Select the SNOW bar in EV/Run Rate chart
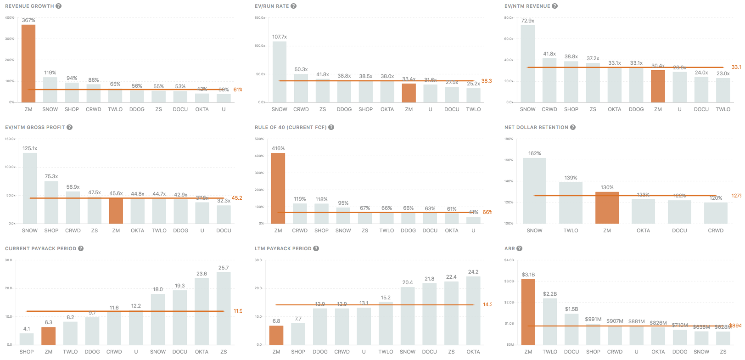pos(280,72)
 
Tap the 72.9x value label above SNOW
pos(527,21)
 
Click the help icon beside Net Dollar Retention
pos(573,127)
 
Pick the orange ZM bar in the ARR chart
pos(528,312)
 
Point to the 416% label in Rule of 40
pos(278,148)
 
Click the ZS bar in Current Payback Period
pos(224,309)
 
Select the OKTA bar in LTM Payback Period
pos(473,310)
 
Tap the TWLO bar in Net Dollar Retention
pos(571,203)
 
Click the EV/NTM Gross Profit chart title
pos(35,127)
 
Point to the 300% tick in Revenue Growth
pos(9,39)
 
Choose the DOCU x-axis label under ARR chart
pos(571,352)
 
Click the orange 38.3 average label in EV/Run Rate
pos(487,81)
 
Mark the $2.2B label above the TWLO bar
pos(550,294)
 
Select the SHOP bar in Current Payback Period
pos(27,339)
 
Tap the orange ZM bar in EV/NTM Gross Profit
pos(116,210)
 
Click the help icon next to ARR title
pos(520,248)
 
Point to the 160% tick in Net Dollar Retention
pos(509,160)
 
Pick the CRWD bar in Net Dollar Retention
pos(716,213)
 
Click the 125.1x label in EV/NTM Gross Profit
pos(30,148)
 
